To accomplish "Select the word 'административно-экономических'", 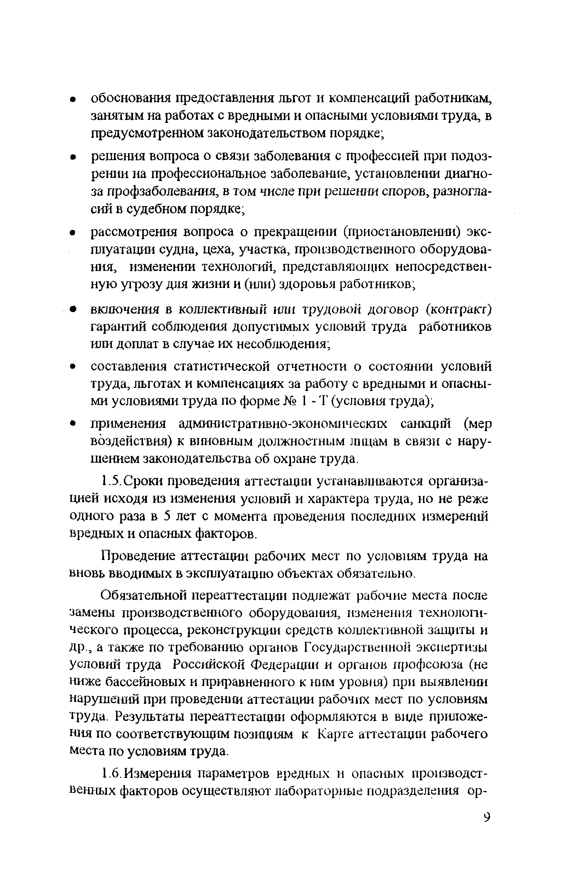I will [283, 424].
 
